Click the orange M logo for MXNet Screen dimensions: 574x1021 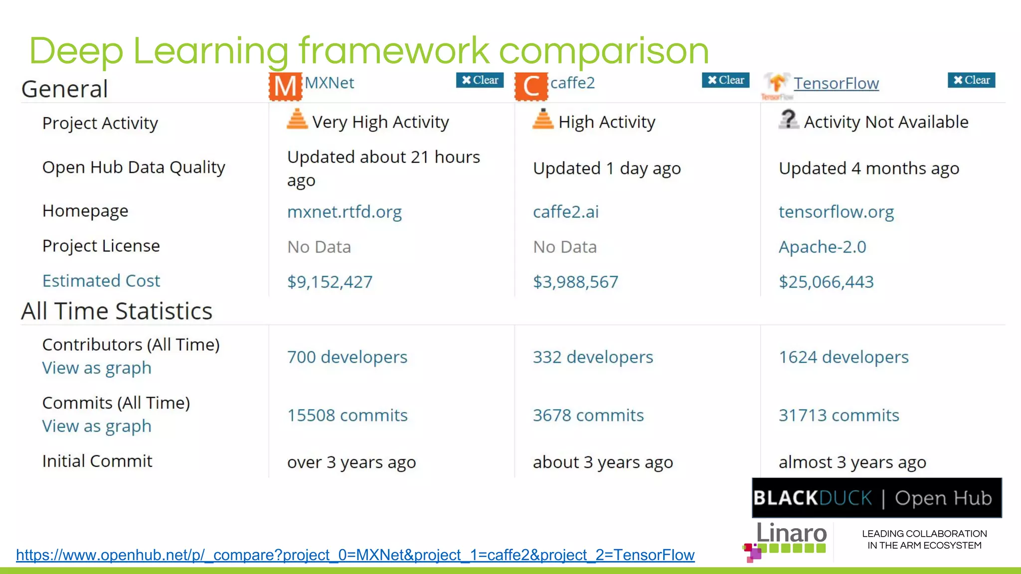point(285,86)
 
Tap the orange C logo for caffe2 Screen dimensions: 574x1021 point(531,86)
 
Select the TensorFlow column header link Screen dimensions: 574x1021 point(836,83)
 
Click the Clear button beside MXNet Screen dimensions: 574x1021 point(480,80)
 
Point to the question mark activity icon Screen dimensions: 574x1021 point(788,120)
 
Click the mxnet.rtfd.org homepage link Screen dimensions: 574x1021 point(344,212)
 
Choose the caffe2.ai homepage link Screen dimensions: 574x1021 point(566,212)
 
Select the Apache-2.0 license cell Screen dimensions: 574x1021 point(823,247)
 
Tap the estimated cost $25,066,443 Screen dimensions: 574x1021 point(826,282)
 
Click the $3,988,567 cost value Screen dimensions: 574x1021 point(575,282)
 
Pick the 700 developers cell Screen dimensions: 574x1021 point(347,357)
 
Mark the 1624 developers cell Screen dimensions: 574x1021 point(844,357)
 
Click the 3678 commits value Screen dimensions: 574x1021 point(588,415)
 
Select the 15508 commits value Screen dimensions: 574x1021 point(347,415)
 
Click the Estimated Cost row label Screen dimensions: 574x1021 point(101,281)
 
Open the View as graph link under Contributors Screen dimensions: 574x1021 point(97,368)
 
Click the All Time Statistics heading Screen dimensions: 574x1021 point(117,311)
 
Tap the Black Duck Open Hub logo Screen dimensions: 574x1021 point(876,498)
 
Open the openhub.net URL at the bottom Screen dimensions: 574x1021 point(355,555)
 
